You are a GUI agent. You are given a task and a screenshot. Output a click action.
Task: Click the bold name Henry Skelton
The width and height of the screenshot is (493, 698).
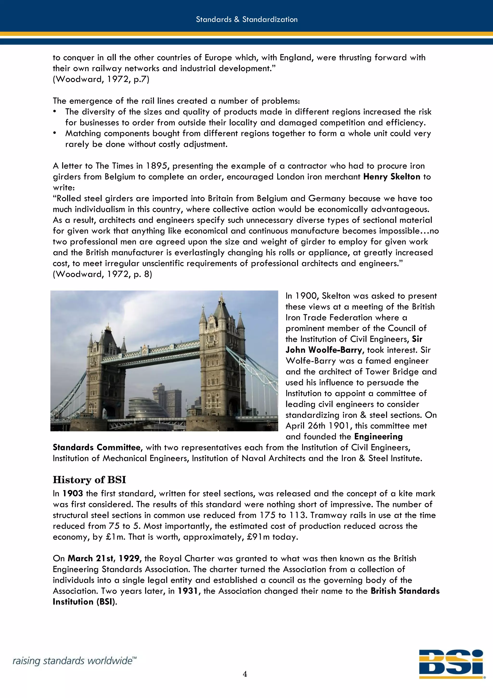pos(392,177)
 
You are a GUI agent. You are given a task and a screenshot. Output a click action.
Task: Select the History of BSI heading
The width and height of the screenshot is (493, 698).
pos(89,480)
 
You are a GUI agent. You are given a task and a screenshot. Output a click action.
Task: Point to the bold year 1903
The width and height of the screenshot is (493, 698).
pos(73,494)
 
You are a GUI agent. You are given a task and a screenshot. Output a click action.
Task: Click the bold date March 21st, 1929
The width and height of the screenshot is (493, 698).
pos(103,559)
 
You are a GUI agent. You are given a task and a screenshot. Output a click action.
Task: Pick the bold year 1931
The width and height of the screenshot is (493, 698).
pos(188,591)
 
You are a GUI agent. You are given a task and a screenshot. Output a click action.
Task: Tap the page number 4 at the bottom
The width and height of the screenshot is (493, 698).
pos(245,674)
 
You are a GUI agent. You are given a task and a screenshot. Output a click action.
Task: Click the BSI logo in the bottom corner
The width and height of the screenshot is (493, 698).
pos(452,664)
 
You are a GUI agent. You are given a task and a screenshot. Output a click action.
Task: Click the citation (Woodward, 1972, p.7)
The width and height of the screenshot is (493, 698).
pos(101,79)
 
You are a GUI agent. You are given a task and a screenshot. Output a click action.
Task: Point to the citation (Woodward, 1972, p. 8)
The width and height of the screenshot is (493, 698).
pos(102,274)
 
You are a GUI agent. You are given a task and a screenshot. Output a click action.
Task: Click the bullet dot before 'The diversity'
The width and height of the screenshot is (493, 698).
pos(55,112)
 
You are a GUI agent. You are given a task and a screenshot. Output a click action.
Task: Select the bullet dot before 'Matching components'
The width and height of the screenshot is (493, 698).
pos(55,133)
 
